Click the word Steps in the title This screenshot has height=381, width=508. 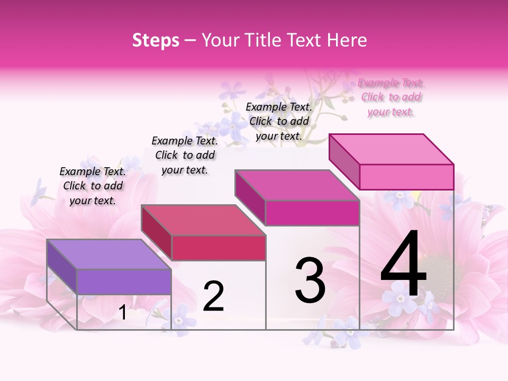tap(156, 40)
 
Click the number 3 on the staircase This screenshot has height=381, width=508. tap(310, 280)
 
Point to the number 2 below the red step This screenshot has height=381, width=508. tap(213, 296)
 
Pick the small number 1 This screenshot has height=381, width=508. tap(123, 313)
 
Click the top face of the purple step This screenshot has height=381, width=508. tap(108, 254)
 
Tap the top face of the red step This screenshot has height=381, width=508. tap(203, 220)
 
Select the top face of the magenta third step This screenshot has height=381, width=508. tap(297, 185)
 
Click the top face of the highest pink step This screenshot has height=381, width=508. tap(391, 149)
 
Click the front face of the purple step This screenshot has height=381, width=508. tap(124, 282)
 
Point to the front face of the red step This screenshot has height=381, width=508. tap(219, 248)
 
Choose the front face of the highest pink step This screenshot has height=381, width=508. tap(406, 177)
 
